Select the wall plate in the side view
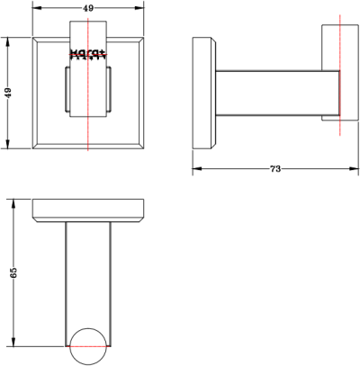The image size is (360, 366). point(203,93)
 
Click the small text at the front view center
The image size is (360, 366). point(88,53)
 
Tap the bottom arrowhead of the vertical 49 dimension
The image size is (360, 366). point(8,146)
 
